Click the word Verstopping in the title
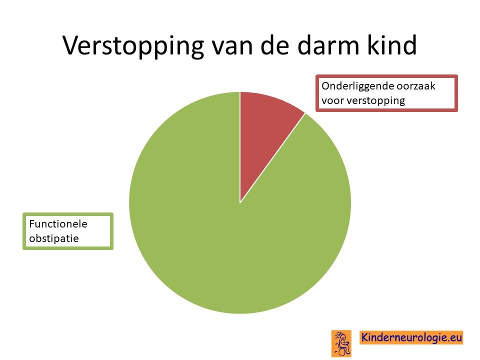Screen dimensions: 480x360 133,46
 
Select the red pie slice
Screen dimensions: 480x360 265,128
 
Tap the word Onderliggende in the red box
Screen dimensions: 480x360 357,86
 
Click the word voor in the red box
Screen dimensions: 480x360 333,100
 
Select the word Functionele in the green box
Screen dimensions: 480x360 58,224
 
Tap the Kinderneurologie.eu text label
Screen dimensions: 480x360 411,337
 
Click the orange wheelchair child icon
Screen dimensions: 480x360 341,343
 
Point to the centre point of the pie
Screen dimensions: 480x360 240,202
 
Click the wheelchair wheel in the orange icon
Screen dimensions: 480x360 341,352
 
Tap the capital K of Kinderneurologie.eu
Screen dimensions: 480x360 365,337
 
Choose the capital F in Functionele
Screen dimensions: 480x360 32,224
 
